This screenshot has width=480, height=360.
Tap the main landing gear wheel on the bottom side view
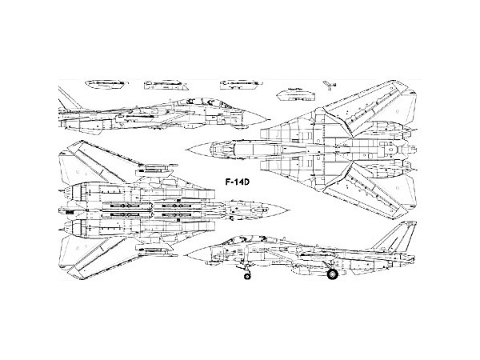coord(330,275)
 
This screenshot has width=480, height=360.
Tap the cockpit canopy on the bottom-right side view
coord(234,240)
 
